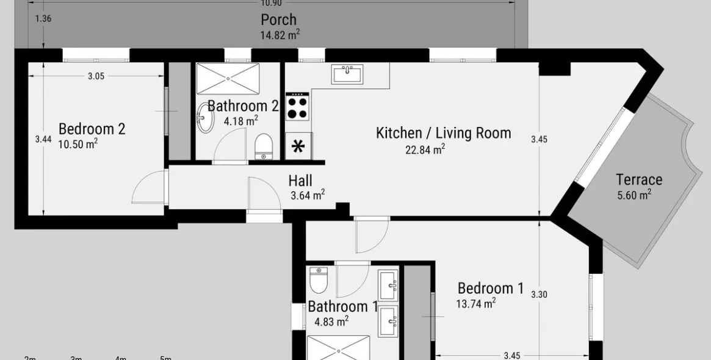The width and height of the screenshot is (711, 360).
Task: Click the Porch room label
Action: pos(278,20)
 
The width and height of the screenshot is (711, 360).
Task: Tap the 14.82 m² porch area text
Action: pos(280,35)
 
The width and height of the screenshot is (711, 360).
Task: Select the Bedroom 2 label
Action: pos(92,129)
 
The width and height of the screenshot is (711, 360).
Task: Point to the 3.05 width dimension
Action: pos(96,76)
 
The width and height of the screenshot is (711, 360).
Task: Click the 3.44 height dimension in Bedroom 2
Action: pos(43,139)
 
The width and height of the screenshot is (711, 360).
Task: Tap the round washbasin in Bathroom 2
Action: pos(204,119)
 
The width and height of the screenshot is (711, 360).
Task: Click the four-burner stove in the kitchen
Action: pos(298,107)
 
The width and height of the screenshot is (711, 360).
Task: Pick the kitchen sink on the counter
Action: pos(347,74)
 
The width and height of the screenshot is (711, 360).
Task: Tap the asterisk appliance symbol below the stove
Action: pos(298,146)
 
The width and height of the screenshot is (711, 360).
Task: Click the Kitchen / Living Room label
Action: pos(443,132)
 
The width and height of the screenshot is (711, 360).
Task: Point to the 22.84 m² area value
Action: pos(425,149)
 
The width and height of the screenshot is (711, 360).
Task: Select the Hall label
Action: pos(300,181)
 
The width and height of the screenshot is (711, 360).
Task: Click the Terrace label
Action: pos(639,179)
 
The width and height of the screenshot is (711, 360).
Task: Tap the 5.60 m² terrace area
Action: pos(634,195)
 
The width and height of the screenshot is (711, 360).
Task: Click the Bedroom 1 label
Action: pos(490,288)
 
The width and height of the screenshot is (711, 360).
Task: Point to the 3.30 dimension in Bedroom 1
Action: pos(539,294)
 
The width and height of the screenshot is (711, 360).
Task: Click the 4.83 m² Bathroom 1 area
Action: pos(331,321)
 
